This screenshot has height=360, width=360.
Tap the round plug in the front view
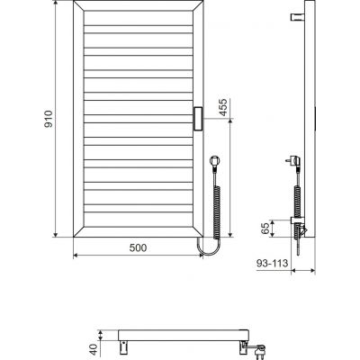[213, 162]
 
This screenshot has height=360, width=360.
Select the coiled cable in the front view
[216, 202]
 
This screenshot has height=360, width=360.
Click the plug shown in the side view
[292, 162]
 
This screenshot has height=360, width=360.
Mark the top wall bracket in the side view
[296, 17]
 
